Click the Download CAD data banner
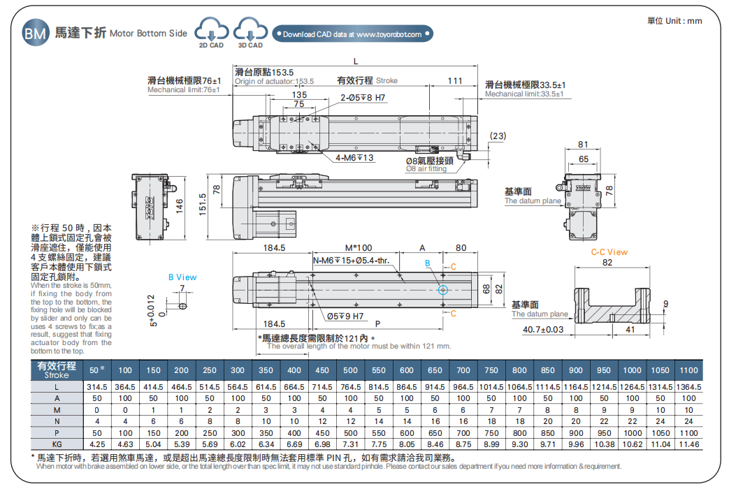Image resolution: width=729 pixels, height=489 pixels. tap(353, 34)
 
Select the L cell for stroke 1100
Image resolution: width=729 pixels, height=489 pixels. tap(688, 387)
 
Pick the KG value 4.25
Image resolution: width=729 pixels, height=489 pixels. tap(97, 444)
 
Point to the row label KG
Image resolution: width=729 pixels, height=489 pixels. tap(57, 444)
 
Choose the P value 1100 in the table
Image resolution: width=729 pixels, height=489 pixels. tap(688, 432)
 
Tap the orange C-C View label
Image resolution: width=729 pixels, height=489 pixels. tap(609, 252)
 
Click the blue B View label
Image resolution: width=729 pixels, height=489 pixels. tap(182, 277)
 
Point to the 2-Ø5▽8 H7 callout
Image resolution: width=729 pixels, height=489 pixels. tap(363, 98)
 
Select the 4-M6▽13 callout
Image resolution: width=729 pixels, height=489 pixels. tap(354, 158)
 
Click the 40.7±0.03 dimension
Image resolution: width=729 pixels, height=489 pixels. tap(543, 330)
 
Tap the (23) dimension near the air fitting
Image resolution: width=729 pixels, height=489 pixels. tap(498, 136)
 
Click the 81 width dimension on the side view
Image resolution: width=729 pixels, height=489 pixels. tap(584, 145)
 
